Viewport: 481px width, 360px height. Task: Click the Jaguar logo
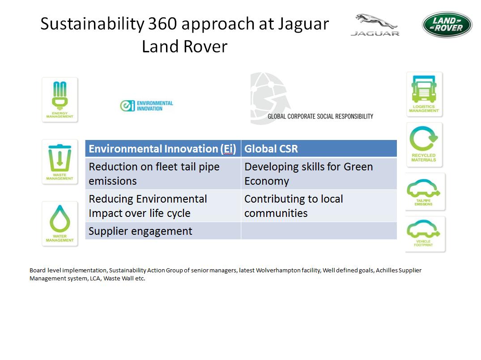click(375, 25)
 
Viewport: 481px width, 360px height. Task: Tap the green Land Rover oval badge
click(447, 25)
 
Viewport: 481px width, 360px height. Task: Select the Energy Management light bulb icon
click(60, 100)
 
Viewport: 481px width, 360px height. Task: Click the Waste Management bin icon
click(60, 162)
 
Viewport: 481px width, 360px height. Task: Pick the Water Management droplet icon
click(60, 224)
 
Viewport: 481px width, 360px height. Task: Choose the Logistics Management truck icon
click(424, 94)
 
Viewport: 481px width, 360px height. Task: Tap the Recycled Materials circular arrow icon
click(424, 145)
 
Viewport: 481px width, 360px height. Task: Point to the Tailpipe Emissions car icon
click(425, 192)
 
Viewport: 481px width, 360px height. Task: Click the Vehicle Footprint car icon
click(425, 234)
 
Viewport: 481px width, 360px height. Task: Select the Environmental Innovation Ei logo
click(147, 106)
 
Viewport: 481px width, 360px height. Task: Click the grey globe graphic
click(270, 98)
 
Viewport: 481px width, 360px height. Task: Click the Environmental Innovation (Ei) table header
click(163, 149)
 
